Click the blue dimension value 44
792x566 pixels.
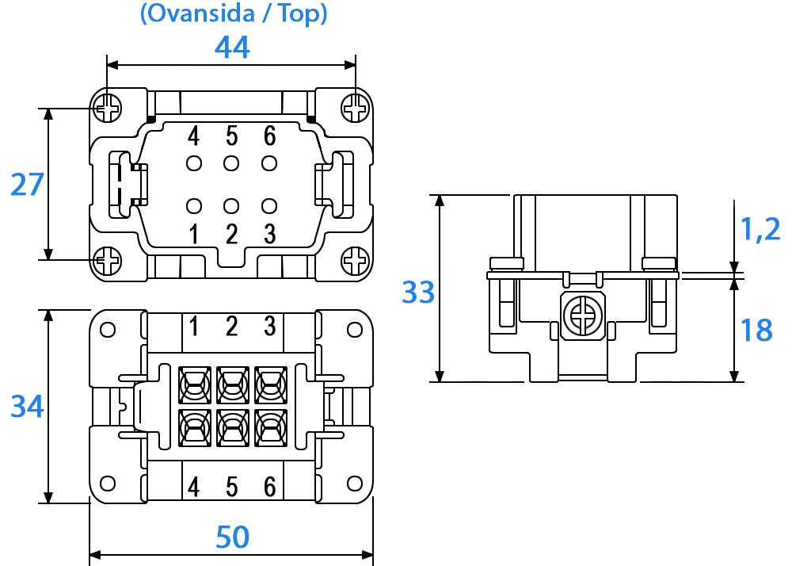pos(232,48)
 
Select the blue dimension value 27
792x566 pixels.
pos(27,185)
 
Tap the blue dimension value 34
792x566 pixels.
pos(27,407)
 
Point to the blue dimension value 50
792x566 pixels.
pos(232,537)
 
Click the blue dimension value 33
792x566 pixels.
pos(418,292)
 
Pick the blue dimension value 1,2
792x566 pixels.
pos(760,229)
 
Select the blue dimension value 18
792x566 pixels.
pos(756,331)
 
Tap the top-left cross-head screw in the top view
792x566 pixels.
pos(107,108)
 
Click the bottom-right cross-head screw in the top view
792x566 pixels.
pos(356,261)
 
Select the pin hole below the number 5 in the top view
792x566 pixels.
pos(231,163)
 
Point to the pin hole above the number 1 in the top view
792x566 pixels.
pos(194,206)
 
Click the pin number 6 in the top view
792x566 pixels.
pos(270,136)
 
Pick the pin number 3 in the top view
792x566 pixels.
pos(270,234)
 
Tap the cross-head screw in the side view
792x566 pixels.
pos(583,316)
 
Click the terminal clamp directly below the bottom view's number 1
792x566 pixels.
pos(195,385)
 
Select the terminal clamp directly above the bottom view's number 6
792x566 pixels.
pos(271,428)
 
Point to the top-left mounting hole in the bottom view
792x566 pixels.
pos(108,330)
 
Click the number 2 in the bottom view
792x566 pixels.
pos(232,326)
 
